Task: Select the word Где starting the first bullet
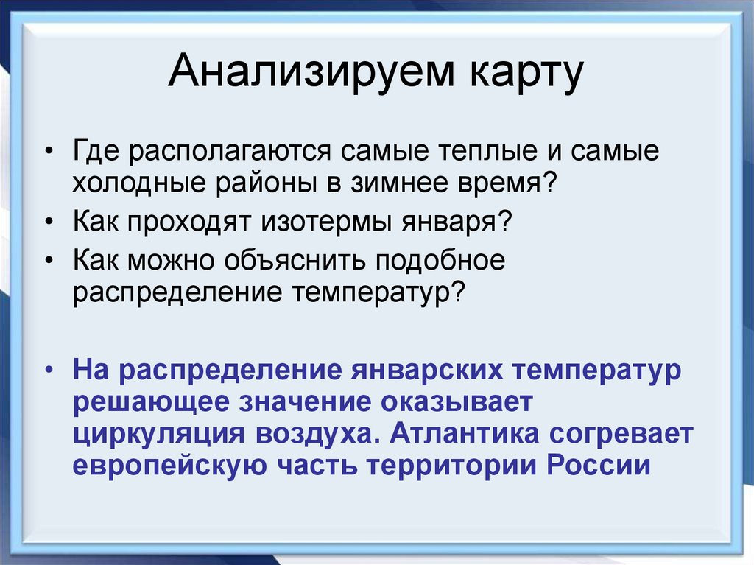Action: coord(97,152)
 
